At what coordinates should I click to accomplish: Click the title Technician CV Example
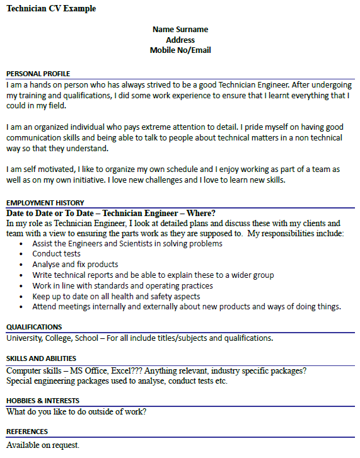pyautogui.click(x=51, y=9)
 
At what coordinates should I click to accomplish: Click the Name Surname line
pyautogui.click(x=180, y=30)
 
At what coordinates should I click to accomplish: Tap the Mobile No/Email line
pyautogui.click(x=180, y=50)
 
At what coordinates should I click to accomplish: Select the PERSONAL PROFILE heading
pyautogui.click(x=38, y=74)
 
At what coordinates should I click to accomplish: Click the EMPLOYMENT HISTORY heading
pyautogui.click(x=45, y=203)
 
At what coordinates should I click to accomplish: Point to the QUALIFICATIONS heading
pyautogui.click(x=34, y=327)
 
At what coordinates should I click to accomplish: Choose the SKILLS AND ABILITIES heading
pyautogui.click(x=42, y=358)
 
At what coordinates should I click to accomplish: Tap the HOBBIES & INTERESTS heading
pyautogui.click(x=42, y=401)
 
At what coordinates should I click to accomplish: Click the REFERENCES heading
pyautogui.click(x=26, y=432)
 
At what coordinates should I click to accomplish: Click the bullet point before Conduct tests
pyautogui.click(x=23, y=254)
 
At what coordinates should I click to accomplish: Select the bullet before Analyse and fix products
pyautogui.click(x=23, y=265)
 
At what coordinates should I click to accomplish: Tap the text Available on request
pyautogui.click(x=43, y=445)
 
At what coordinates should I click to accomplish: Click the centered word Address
pyautogui.click(x=180, y=40)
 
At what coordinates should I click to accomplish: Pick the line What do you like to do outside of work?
pyautogui.click(x=76, y=412)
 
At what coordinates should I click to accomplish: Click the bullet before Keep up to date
pyautogui.click(x=23, y=297)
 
